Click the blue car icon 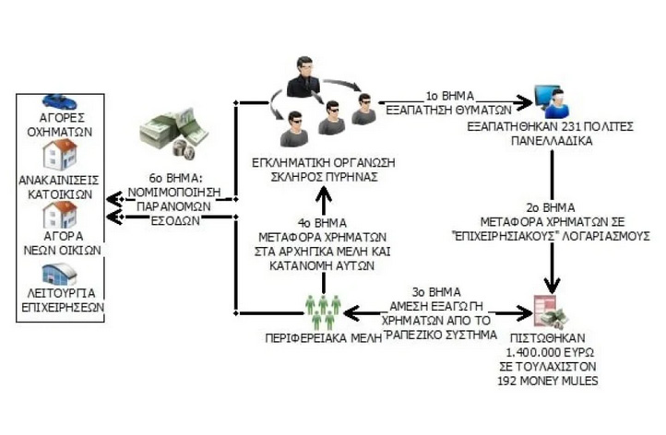tap(58, 100)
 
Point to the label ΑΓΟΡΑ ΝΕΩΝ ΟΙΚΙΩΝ tap(58, 241)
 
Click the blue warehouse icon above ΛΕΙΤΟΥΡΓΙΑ tap(58, 274)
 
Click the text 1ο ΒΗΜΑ tap(449, 95)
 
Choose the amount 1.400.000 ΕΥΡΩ tap(556, 351)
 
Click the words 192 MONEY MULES tap(557, 377)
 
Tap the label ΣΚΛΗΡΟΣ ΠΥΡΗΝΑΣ tap(317, 176)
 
